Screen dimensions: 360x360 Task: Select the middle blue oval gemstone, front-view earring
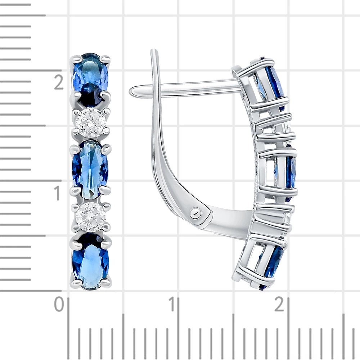point(90,170)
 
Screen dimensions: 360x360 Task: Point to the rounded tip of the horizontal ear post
point(133,90)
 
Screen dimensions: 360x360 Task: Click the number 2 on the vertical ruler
point(59,82)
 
